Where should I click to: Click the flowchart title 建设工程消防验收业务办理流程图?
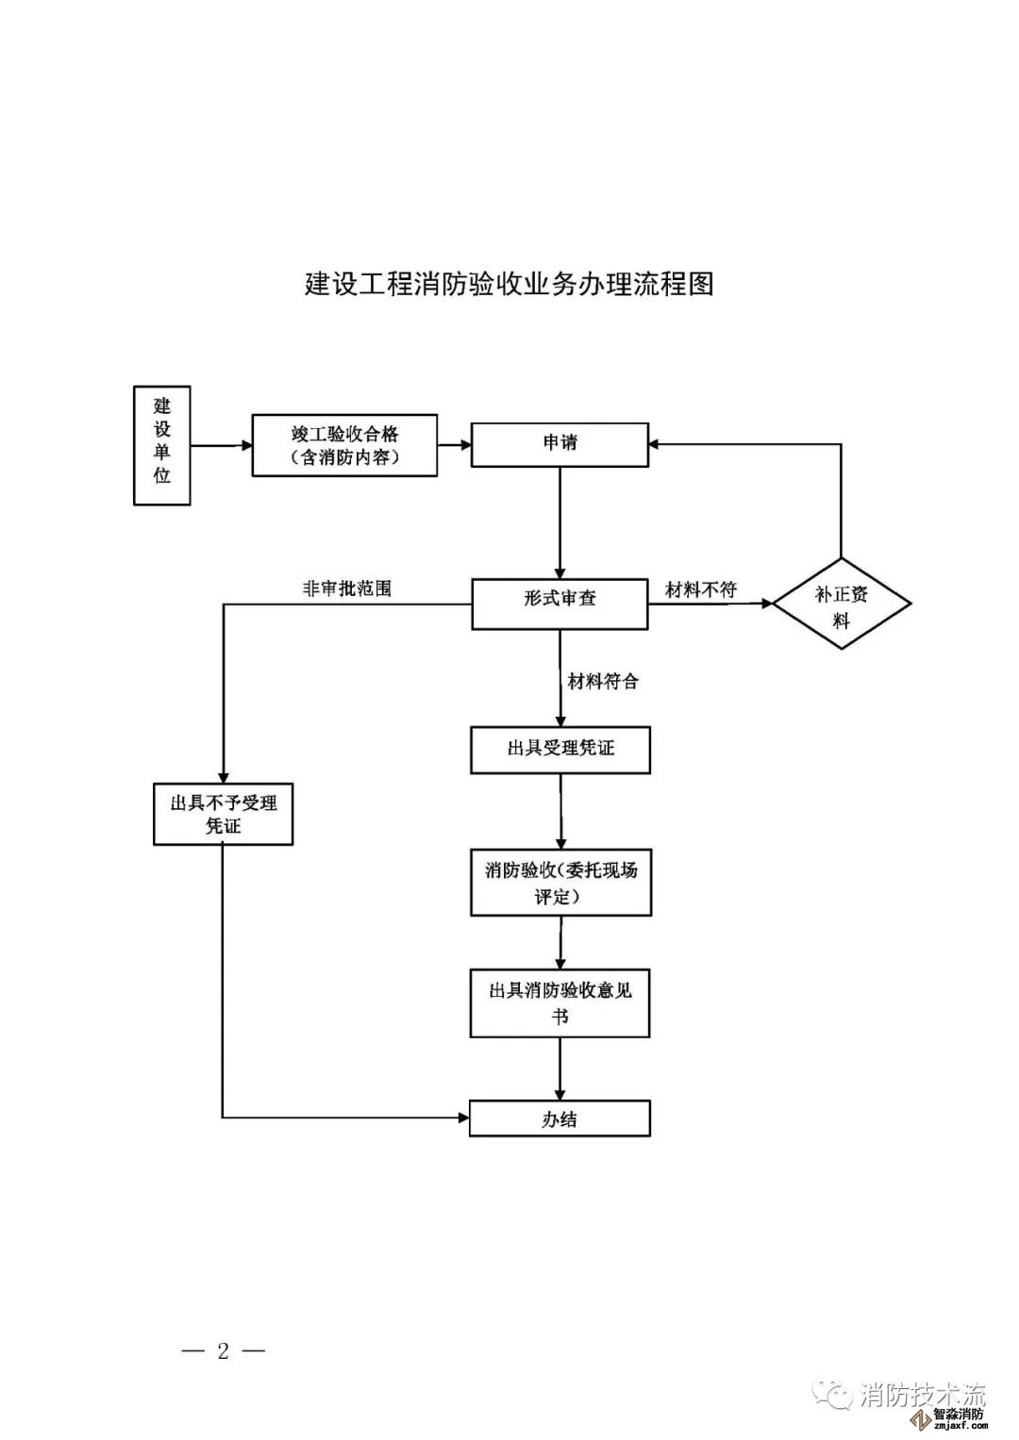[509, 284]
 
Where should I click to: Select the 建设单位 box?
[162, 445]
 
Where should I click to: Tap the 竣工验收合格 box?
[344, 445]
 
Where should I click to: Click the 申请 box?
[560, 444]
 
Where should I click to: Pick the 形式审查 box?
[560, 604]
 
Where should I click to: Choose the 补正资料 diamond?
[842, 604]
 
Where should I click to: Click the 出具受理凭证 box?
[560, 750]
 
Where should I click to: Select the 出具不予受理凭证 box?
[224, 814]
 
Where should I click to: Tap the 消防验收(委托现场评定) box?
[560, 883]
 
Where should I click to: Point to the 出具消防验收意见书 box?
[560, 1003]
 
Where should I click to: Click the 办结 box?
[560, 1119]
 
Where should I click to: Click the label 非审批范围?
[346, 588]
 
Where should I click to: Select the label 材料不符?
[700, 590]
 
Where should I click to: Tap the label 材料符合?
[603, 681]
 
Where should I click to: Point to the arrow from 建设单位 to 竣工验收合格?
[221, 445]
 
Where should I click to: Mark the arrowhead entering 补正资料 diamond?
[765, 604]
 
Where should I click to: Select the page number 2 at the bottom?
[224, 1350]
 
